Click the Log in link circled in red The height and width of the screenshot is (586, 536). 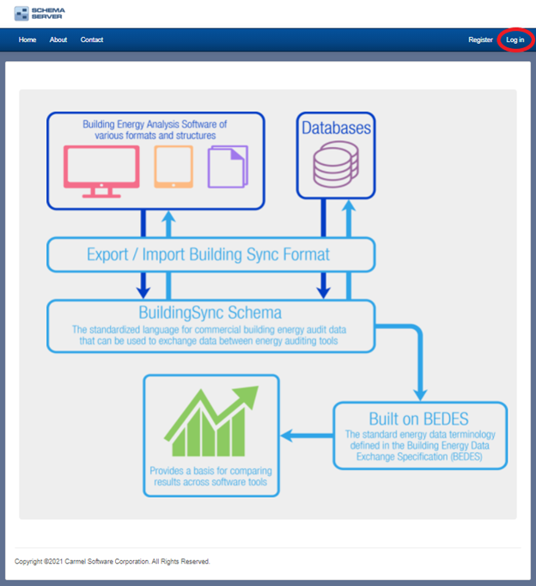click(x=515, y=40)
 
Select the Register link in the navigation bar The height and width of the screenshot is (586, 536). click(x=480, y=40)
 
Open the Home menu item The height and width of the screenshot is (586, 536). click(x=27, y=40)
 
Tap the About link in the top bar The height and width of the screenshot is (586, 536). click(x=58, y=40)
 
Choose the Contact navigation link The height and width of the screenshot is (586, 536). click(x=92, y=40)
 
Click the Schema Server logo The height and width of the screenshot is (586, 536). click(x=40, y=14)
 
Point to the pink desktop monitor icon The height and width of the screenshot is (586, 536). click(x=101, y=172)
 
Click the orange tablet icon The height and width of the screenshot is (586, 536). click(x=174, y=167)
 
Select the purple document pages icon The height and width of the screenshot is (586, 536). click(x=228, y=167)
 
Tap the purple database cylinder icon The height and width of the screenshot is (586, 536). click(x=336, y=164)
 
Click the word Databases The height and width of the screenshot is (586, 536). click(x=336, y=128)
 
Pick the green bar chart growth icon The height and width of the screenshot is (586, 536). click(x=211, y=421)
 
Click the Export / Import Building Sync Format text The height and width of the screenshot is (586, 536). click(x=208, y=254)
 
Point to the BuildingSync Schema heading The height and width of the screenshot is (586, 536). click(x=210, y=313)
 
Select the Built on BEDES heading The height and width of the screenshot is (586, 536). click(x=418, y=419)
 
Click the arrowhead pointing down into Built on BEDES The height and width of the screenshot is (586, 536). click(x=420, y=395)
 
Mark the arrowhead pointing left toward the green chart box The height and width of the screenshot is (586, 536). click(x=286, y=436)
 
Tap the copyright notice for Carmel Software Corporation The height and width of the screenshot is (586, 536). click(x=112, y=561)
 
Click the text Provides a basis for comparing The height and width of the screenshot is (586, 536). click(x=211, y=471)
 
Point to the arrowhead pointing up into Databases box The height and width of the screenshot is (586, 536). click(x=349, y=205)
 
